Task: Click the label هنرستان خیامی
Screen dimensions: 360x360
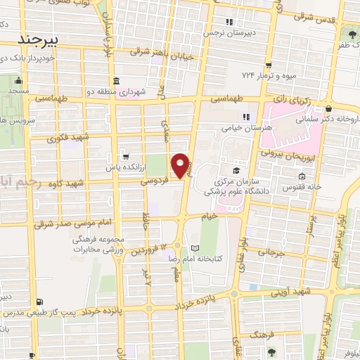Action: (226, 128)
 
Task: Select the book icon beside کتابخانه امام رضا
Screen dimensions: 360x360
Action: (195, 247)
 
